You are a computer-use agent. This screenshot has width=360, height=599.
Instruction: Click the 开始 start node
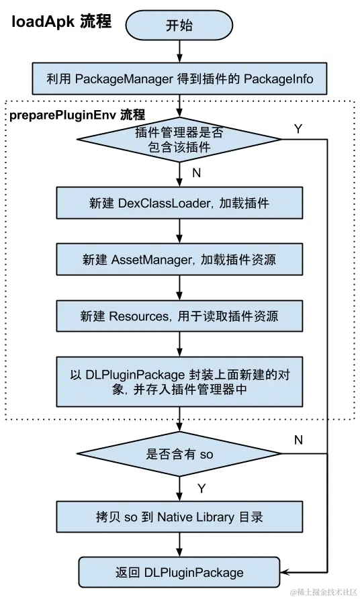179,26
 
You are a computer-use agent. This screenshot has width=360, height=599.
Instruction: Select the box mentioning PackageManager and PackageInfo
179,79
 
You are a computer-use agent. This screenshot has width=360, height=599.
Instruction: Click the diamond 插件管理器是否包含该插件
179,139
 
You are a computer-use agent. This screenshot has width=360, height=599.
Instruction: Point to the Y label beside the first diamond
298,128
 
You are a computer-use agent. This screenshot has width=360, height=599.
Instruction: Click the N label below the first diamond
197,173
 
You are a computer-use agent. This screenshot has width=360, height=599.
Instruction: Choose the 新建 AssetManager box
179,259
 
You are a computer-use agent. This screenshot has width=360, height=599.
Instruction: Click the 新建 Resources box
179,315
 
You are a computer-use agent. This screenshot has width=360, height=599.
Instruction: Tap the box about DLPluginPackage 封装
179,381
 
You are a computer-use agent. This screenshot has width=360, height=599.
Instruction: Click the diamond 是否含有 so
179,454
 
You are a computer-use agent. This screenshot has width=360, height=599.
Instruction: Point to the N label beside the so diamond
299,440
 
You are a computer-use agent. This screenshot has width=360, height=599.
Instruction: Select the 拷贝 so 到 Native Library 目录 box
179,517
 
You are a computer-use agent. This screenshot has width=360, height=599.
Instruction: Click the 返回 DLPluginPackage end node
179,572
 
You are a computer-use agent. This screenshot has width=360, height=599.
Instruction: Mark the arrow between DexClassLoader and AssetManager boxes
179,231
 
